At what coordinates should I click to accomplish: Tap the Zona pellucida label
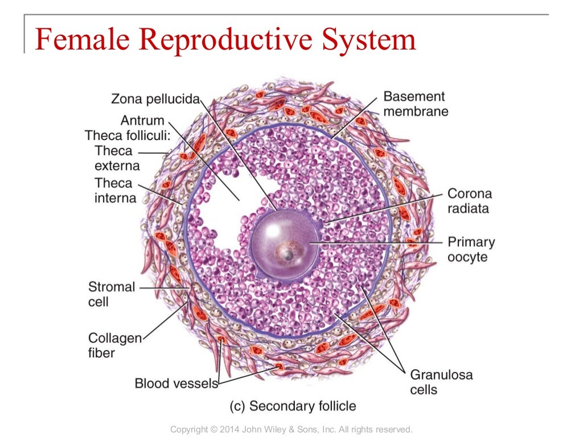(x=156, y=100)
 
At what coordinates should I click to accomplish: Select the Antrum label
(x=142, y=121)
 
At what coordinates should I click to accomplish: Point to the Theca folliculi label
(x=123, y=136)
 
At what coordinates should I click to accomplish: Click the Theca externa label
(x=114, y=158)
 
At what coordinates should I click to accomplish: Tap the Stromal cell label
(x=112, y=294)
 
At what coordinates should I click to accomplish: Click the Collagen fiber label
(x=114, y=345)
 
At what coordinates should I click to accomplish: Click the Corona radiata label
(x=469, y=201)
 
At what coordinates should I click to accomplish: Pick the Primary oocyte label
(x=471, y=249)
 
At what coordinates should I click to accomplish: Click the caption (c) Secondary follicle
(x=293, y=406)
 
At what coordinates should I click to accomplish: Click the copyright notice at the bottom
(x=291, y=429)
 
